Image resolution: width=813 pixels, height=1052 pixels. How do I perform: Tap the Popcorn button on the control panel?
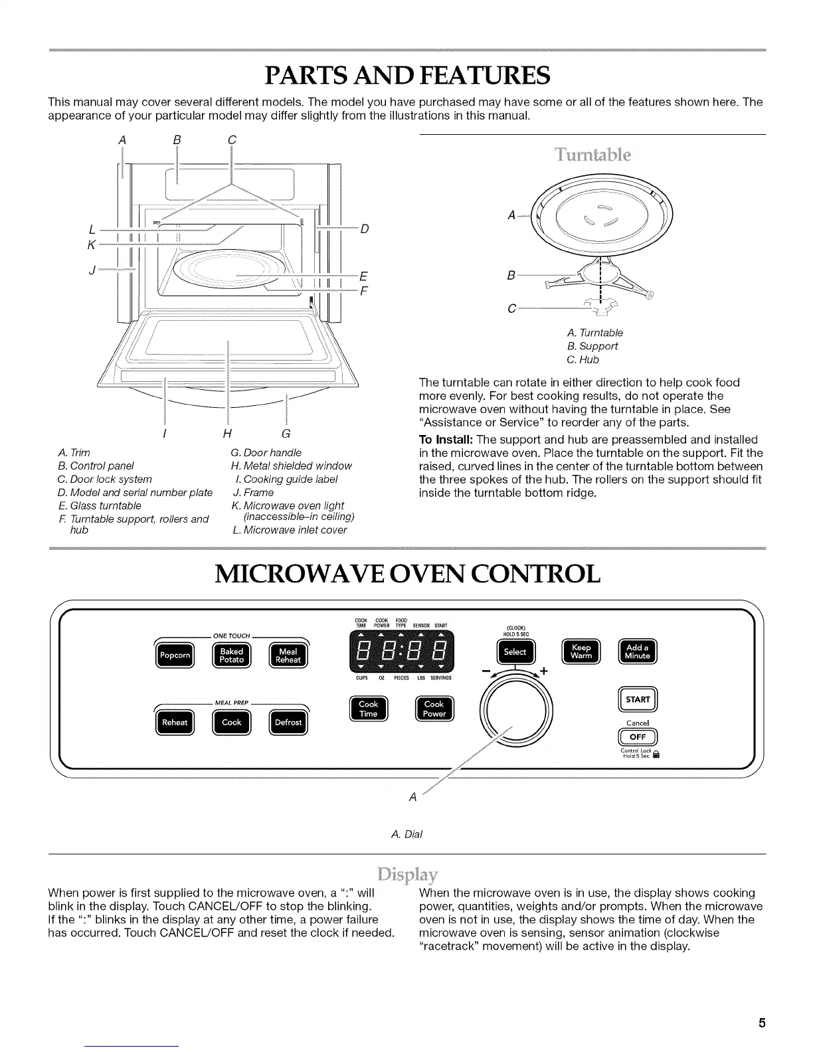(x=175, y=656)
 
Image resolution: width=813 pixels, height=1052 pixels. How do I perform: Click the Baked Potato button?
(x=231, y=656)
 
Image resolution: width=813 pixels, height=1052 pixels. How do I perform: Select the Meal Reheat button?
(x=288, y=656)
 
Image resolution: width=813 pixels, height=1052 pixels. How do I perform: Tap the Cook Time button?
(x=368, y=709)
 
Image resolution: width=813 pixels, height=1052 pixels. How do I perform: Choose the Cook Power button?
(x=434, y=709)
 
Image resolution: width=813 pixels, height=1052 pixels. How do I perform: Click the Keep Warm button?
(x=581, y=652)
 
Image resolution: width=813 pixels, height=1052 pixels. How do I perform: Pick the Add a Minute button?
(x=637, y=652)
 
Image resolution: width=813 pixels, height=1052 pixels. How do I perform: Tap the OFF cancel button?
(x=637, y=737)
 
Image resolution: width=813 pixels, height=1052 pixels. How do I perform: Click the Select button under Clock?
(x=515, y=652)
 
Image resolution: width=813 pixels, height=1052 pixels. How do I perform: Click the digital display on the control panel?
(x=402, y=652)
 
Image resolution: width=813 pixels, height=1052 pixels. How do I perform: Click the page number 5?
(x=763, y=1023)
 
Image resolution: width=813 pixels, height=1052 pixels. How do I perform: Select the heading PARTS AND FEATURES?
(x=406, y=75)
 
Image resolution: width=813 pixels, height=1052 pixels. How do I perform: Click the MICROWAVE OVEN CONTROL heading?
(x=406, y=574)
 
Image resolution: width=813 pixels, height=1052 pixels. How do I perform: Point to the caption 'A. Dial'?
(x=406, y=834)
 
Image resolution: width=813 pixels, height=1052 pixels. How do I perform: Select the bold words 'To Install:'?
(x=446, y=440)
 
